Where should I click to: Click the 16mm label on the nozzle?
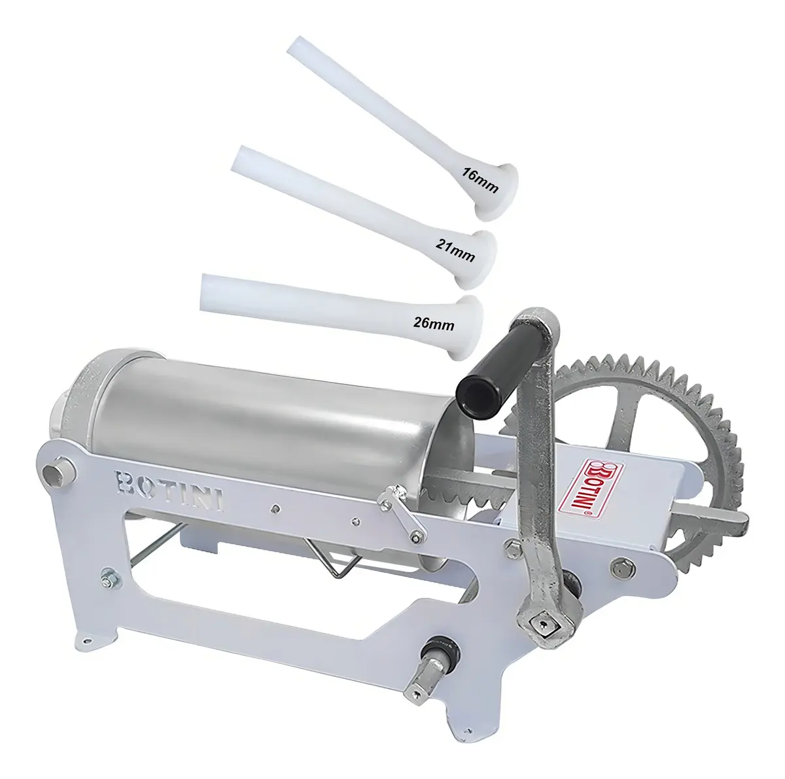tap(480, 180)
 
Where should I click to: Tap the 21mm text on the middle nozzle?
tap(455, 249)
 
